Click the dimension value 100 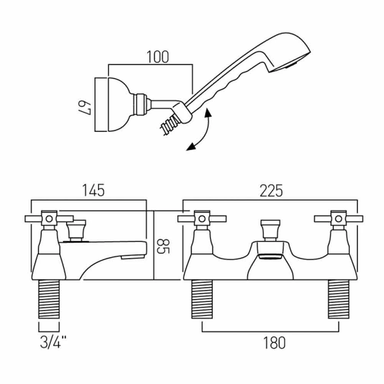click(x=157, y=57)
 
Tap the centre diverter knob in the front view click(x=271, y=230)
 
